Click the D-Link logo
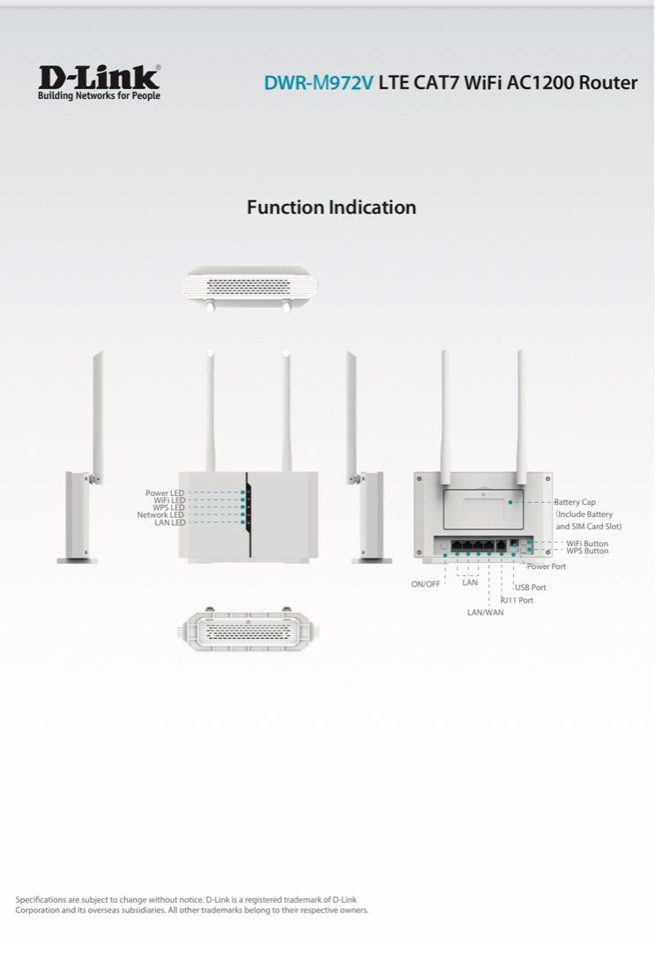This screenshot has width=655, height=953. click(x=99, y=82)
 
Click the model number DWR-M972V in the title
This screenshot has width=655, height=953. click(x=318, y=83)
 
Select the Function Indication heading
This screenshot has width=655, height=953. click(x=331, y=207)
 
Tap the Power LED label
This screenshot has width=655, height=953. click(x=165, y=492)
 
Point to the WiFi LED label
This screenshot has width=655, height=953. click(x=168, y=500)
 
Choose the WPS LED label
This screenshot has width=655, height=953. click(x=168, y=507)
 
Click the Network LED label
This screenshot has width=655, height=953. click(x=160, y=515)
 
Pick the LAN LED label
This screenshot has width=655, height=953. click(x=169, y=522)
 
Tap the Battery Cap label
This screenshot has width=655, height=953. click(x=575, y=502)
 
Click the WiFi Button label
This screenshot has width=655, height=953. click(x=587, y=544)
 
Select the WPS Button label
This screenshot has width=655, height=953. click(x=587, y=552)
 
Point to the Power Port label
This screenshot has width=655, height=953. click(x=547, y=567)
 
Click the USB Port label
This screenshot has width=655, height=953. click(x=531, y=588)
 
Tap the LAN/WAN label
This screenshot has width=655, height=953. click(x=486, y=612)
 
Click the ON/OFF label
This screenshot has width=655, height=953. click(x=426, y=584)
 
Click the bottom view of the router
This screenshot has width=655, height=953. click(x=249, y=630)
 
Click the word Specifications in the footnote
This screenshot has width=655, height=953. click(x=42, y=899)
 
